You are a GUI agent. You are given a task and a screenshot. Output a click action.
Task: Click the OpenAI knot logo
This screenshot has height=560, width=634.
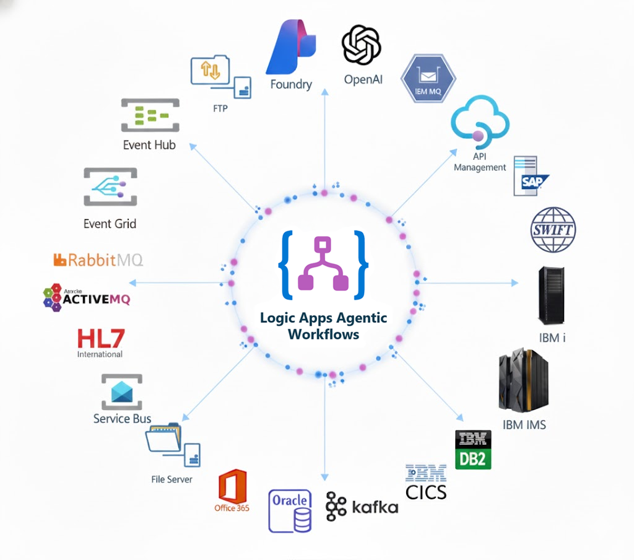(x=361, y=45)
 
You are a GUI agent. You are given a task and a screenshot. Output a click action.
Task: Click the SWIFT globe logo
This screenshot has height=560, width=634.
(x=554, y=230)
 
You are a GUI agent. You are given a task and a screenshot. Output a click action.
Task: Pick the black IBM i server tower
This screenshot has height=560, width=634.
(x=550, y=295)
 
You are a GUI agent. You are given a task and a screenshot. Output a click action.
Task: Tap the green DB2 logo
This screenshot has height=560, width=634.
(x=474, y=450)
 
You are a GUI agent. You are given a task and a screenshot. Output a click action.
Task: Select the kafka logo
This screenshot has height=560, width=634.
(x=362, y=507)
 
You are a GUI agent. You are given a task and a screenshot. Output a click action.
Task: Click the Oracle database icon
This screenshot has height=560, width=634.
(x=290, y=510)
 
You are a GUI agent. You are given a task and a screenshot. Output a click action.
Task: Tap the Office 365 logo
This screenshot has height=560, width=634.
(x=233, y=489)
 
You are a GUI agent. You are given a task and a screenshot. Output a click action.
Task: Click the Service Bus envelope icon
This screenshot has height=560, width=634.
(x=121, y=392)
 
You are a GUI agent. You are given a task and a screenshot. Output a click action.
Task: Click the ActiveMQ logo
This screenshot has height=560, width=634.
(x=87, y=299)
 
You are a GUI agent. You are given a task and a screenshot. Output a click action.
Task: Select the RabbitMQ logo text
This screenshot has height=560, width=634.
(x=98, y=260)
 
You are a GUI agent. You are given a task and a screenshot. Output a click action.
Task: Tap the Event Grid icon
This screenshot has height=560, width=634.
(x=110, y=186)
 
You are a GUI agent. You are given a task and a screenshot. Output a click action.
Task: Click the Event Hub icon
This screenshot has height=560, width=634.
(x=150, y=115)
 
